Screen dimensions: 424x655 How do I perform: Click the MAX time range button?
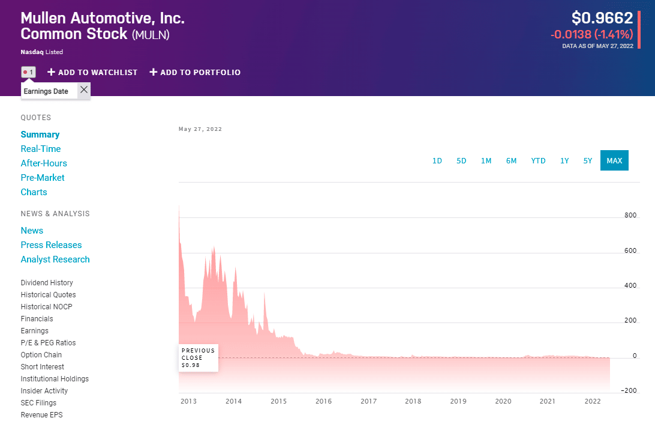pyautogui.click(x=614, y=160)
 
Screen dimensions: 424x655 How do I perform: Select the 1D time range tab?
pyautogui.click(x=437, y=160)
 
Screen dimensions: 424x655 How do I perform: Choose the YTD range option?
pyautogui.click(x=538, y=160)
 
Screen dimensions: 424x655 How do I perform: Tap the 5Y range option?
pyautogui.click(x=588, y=160)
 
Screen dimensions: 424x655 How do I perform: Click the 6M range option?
pyautogui.click(x=511, y=160)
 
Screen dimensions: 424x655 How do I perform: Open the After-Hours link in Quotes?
pyautogui.click(x=44, y=163)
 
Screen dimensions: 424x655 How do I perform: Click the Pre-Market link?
pyautogui.click(x=43, y=178)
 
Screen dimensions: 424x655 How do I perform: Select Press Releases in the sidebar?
pyautogui.click(x=51, y=245)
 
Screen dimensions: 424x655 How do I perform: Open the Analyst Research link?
pyautogui.click(x=55, y=259)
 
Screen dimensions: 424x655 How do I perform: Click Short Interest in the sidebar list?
pyautogui.click(x=43, y=367)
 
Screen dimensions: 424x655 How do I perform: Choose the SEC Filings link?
pyautogui.click(x=38, y=403)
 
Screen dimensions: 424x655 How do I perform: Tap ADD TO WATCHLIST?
pyautogui.click(x=92, y=72)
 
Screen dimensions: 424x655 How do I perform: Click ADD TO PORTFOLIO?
pyautogui.click(x=195, y=72)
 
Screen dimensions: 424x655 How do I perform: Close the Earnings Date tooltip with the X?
pyautogui.click(x=84, y=90)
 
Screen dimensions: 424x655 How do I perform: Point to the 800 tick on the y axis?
pyautogui.click(x=630, y=215)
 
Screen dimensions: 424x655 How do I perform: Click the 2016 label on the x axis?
pyautogui.click(x=323, y=401)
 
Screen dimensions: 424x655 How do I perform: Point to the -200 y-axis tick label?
pyautogui.click(x=629, y=390)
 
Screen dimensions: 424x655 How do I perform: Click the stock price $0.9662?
pyautogui.click(x=602, y=18)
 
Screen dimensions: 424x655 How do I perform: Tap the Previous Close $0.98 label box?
pyautogui.click(x=199, y=358)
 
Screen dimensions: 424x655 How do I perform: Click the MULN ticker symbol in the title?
pyautogui.click(x=151, y=35)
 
